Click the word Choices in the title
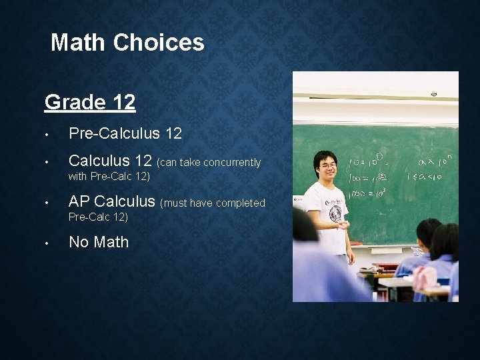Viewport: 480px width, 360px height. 159,43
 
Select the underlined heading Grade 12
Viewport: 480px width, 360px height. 90,102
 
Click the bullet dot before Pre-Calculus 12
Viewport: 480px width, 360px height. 47,134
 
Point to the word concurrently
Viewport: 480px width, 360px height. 232,162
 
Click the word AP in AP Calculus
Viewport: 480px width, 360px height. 79,201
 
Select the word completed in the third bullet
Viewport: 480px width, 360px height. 241,203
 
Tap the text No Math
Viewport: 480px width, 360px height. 99,242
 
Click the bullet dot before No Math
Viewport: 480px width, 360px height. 47,243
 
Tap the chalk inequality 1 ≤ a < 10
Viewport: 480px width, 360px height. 427,177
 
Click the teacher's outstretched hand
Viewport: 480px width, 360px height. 343,225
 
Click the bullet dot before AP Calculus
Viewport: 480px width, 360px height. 47,203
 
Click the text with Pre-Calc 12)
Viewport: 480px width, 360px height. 109,177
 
